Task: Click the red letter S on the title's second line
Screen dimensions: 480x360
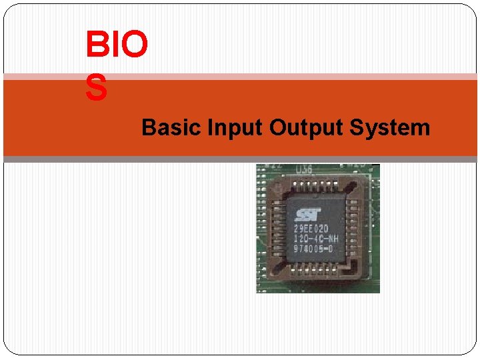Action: pyautogui.click(x=96, y=88)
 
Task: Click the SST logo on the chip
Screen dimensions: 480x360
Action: pyautogui.click(x=308, y=215)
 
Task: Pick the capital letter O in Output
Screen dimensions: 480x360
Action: pyautogui.click(x=277, y=127)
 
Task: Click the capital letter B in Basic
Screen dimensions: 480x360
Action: pyautogui.click(x=148, y=127)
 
